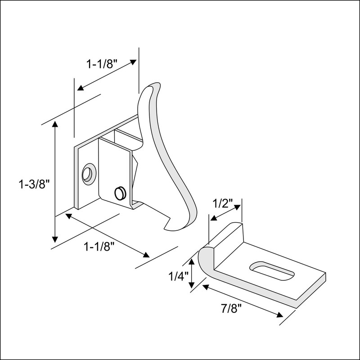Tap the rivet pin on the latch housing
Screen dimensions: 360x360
pos(120,193)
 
